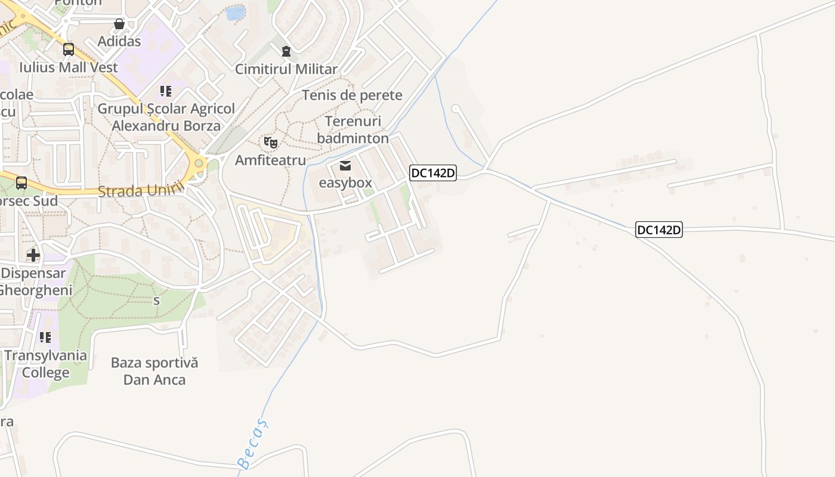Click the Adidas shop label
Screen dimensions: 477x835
[x=119, y=41]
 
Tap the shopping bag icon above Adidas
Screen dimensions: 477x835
[x=119, y=24]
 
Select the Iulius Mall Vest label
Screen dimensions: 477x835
[x=69, y=67]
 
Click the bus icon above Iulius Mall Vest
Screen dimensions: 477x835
[x=69, y=49]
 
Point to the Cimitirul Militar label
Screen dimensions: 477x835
[x=286, y=69]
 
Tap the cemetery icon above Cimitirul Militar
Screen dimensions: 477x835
[x=286, y=51]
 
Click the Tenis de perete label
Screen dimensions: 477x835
[x=352, y=95]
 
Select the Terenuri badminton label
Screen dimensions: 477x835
[x=352, y=130]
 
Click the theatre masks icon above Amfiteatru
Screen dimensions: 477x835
[x=270, y=143]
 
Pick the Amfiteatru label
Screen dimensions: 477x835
[x=270, y=160]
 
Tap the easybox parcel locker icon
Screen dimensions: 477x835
[x=345, y=166]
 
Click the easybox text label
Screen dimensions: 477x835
[x=345, y=182]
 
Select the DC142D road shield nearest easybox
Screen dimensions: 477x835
[x=433, y=173]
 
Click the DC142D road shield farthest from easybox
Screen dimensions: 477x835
[x=658, y=230]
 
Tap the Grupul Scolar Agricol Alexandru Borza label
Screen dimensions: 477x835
[x=166, y=117]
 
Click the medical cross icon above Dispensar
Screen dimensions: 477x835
[x=33, y=255]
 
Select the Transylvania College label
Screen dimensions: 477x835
[x=46, y=364]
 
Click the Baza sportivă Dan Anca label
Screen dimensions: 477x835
[x=154, y=371]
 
